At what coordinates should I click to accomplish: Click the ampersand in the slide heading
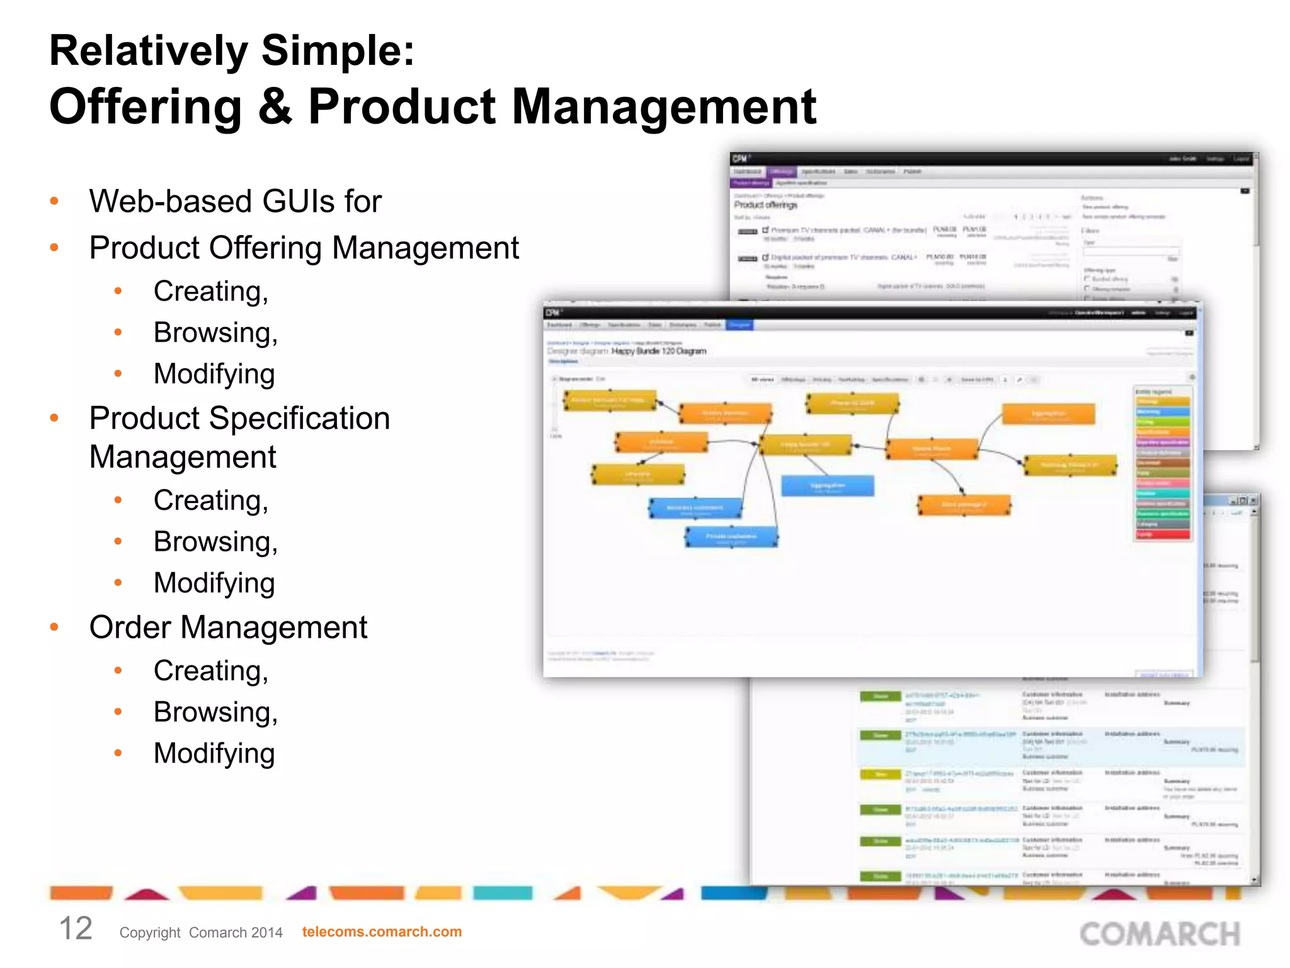275,106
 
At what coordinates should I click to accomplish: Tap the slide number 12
76,929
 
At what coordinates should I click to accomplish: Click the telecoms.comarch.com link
382,931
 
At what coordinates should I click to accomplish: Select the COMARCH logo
1160,934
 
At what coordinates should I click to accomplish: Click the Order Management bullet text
228,628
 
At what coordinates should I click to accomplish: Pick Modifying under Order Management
214,754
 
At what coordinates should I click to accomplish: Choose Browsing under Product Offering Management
215,333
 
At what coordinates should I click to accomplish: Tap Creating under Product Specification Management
211,500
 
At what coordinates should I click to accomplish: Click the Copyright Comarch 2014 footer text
201,933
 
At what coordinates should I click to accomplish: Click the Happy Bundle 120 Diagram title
659,351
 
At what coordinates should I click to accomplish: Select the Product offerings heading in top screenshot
765,205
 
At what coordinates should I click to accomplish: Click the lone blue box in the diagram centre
828,486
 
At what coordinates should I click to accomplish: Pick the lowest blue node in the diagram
731,537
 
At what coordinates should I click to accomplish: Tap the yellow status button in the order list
880,775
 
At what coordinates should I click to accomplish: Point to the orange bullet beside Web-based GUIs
55,202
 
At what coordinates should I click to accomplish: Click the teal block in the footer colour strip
502,893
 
